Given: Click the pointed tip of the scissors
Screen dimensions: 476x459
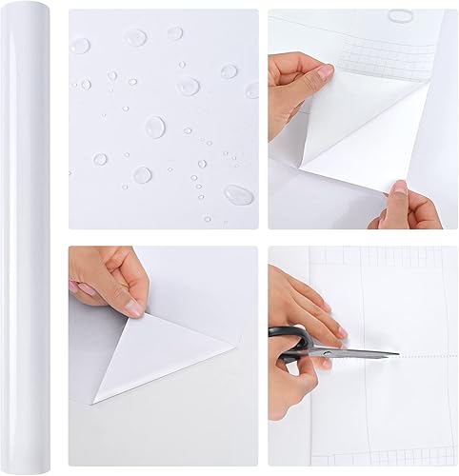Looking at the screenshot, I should coord(399,354).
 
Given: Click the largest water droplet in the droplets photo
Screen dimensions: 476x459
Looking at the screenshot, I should coord(156,127).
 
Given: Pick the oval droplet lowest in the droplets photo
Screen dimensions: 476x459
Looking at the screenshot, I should coord(238,193).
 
